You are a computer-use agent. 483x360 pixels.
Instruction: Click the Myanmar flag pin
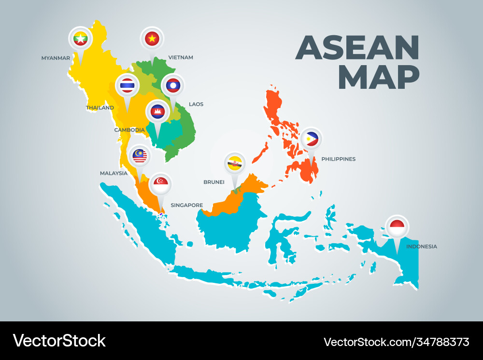80,38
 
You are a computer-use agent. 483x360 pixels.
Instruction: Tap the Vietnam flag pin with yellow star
152,38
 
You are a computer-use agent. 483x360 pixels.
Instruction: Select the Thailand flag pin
128,85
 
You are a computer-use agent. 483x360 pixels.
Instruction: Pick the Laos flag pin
172,85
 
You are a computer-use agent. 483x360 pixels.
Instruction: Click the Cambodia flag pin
157,112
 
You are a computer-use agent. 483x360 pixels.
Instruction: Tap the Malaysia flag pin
140,155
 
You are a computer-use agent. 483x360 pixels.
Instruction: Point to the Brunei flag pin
235,164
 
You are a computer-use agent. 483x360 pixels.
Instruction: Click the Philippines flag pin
312,139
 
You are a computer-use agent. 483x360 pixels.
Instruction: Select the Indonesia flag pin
397,226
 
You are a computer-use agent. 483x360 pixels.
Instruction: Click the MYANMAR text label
56,58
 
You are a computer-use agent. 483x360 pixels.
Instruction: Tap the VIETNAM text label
181,57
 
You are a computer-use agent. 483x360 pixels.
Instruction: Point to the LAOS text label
196,104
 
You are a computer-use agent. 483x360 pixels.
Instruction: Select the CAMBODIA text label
129,130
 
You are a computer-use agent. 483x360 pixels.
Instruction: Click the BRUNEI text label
214,182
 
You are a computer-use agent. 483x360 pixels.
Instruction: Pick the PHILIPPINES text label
338,159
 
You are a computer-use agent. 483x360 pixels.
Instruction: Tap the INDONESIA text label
421,247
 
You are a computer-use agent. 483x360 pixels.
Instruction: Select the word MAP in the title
382,77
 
